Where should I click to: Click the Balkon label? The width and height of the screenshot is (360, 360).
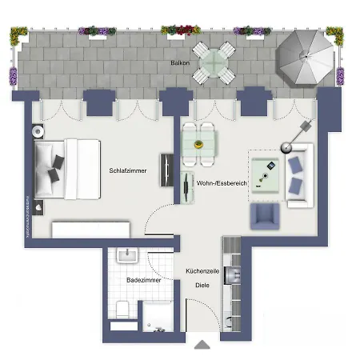[179, 62]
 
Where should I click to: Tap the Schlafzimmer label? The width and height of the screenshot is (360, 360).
[128, 170]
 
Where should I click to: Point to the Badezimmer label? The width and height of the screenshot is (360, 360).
[144, 281]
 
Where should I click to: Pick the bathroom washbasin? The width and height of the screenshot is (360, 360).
[127, 256]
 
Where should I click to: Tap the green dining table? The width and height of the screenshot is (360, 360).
[199, 145]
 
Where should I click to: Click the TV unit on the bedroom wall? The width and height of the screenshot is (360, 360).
[168, 170]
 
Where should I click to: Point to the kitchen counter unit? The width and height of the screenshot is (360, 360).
[232, 276]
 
